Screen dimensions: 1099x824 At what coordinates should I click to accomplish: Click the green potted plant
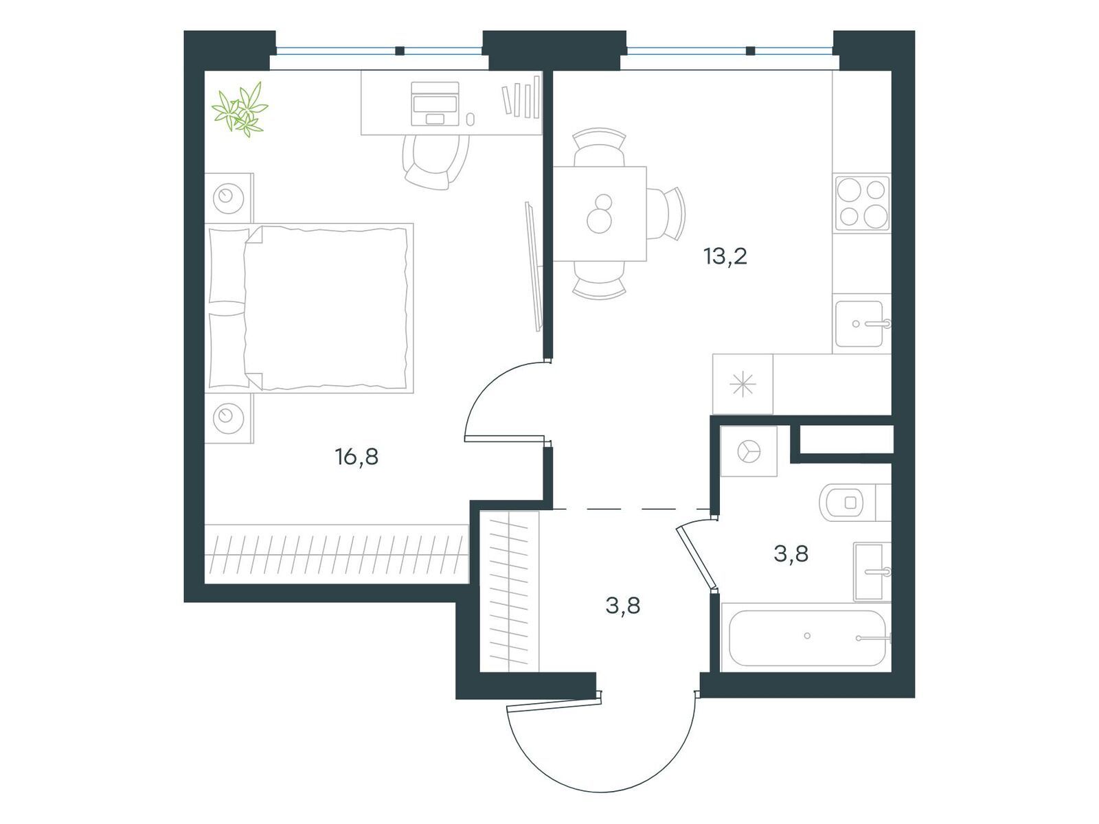coord(240,110)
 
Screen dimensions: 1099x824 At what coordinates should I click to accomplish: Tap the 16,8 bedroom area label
coord(356,457)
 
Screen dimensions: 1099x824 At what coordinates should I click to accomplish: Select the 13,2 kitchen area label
coord(725,257)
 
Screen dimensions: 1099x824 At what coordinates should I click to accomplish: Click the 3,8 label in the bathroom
coord(791,554)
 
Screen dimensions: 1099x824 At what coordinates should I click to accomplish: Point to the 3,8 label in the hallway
coord(623,606)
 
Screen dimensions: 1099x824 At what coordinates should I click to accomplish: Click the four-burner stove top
coord(861,203)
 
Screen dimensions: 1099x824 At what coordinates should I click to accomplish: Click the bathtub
coord(806,638)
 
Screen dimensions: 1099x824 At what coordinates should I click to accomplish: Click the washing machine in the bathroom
coord(749,450)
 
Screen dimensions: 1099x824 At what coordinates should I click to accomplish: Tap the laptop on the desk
coord(435,104)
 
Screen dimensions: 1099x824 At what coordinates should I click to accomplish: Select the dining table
coord(600,214)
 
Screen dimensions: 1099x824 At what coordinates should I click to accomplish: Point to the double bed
coord(309,308)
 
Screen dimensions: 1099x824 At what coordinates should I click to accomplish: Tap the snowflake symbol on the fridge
coord(743,385)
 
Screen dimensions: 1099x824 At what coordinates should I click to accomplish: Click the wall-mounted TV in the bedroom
coord(533,266)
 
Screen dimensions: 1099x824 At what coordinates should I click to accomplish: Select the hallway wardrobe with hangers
coord(509,591)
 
